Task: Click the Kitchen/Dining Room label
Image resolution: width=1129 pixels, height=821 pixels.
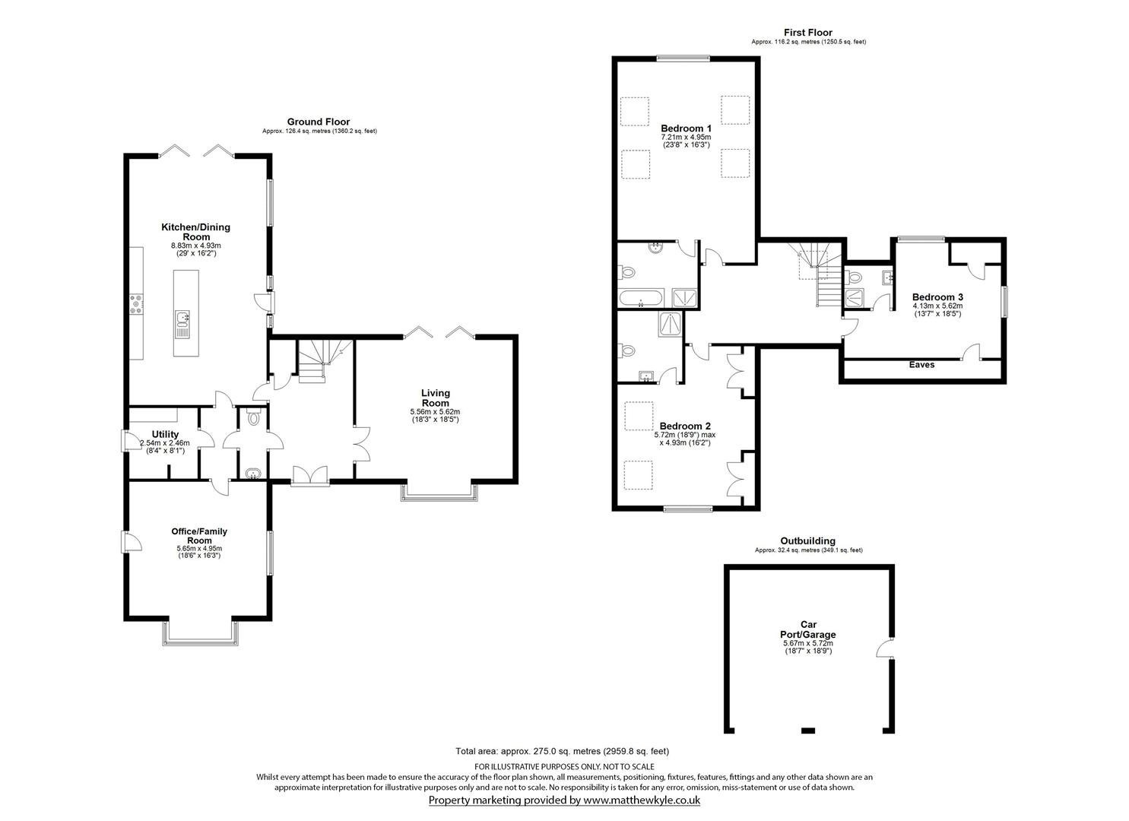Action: (x=195, y=232)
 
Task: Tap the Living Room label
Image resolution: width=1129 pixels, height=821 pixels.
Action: (x=436, y=398)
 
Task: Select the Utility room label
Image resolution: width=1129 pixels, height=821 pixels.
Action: (x=165, y=434)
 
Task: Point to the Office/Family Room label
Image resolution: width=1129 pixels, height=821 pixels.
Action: (x=199, y=536)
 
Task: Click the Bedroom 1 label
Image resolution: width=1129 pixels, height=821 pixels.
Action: (x=686, y=128)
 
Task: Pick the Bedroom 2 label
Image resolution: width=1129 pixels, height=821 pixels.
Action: (x=684, y=426)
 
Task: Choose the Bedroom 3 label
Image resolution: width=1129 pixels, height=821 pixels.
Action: (x=937, y=297)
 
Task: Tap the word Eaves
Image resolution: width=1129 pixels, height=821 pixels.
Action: (x=922, y=365)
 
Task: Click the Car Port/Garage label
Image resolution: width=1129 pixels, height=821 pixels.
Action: (x=808, y=629)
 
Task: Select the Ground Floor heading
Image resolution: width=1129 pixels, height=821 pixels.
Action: (x=319, y=122)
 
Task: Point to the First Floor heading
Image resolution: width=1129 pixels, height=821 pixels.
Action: (x=808, y=32)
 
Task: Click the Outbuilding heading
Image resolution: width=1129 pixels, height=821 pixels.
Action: (x=808, y=540)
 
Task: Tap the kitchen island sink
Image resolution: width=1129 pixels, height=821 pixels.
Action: (x=182, y=324)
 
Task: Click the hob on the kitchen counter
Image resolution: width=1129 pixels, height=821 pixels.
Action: (x=136, y=304)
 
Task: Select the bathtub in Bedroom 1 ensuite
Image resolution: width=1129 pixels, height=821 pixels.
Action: (x=640, y=298)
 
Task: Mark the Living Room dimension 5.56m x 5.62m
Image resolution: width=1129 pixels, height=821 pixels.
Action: (x=435, y=412)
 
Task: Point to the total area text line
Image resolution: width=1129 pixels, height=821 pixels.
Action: (x=563, y=766)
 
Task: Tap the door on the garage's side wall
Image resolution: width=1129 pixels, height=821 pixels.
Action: (x=885, y=648)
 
